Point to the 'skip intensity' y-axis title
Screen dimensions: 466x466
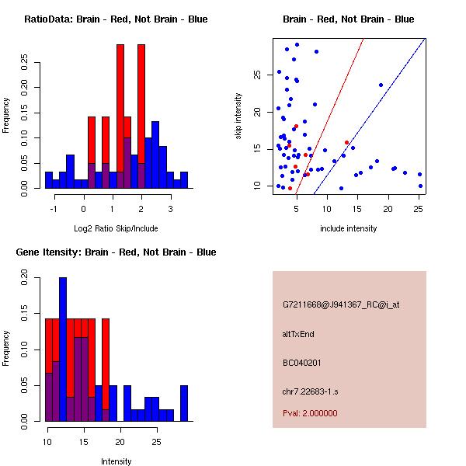[239, 116]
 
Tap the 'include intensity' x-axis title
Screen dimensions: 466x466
[349, 228]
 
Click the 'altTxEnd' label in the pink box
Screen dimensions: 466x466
[298, 334]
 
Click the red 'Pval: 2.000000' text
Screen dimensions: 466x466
[310, 413]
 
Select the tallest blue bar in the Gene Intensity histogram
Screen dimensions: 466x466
[63, 349]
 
